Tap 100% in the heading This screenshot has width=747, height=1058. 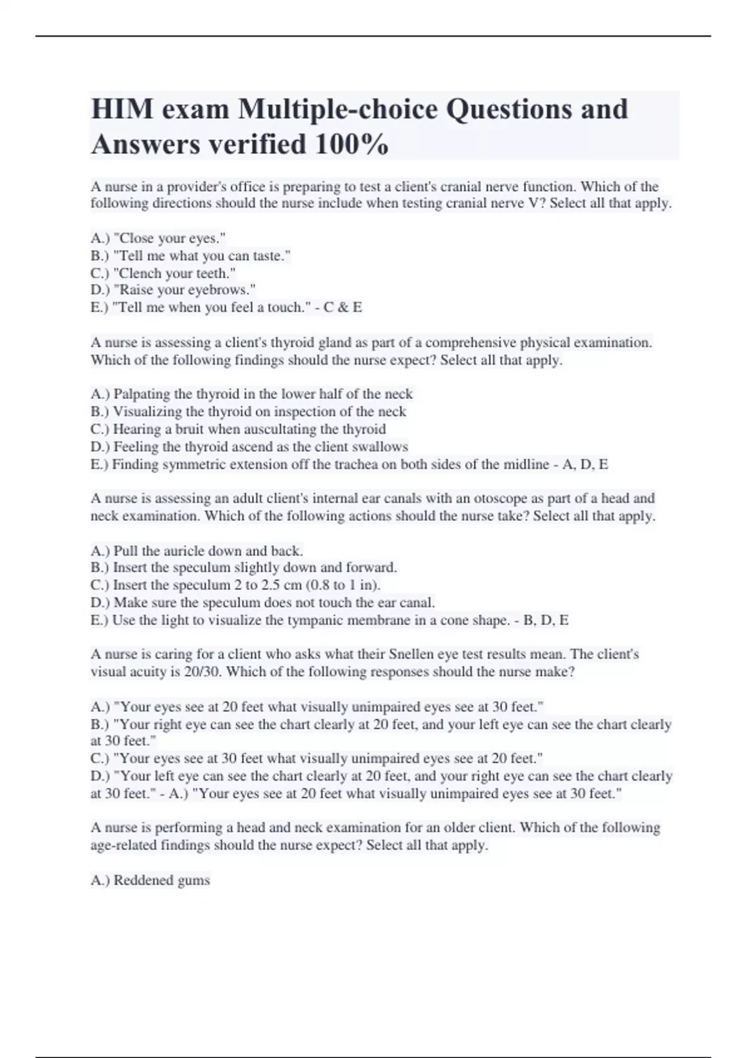coord(352,144)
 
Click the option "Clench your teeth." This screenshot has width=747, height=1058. coord(163,273)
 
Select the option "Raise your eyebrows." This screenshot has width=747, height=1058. coord(173,290)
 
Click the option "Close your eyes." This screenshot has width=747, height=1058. coord(158,238)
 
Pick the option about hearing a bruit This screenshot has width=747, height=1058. coord(238,429)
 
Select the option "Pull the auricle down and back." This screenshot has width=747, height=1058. coord(197,551)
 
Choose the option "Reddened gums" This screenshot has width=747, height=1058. coord(150,880)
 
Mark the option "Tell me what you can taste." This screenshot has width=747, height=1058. coord(190,256)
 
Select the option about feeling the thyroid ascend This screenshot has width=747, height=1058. coord(250,447)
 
